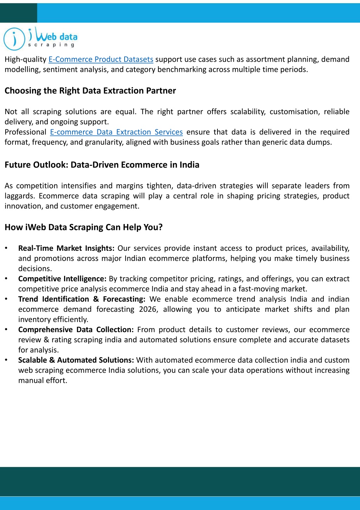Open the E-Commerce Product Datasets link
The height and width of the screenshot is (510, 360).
[x=101, y=59]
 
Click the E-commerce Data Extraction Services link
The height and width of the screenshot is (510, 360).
[x=116, y=132]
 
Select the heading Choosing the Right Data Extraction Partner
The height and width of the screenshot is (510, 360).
[x=90, y=91]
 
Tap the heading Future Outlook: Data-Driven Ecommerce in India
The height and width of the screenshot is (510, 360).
[x=102, y=165]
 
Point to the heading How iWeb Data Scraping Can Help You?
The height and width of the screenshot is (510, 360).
[x=83, y=227]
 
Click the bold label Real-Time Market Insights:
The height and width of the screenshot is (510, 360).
[x=66, y=248]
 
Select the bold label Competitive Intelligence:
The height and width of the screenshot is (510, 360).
[x=62, y=279]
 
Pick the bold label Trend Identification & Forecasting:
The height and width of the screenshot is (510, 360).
[x=82, y=299]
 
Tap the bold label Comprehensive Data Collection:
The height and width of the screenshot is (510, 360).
[x=76, y=330]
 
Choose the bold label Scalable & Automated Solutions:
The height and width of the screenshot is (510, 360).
[x=76, y=360]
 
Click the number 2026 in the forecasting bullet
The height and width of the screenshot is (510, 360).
[x=148, y=309]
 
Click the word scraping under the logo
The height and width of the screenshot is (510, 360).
[x=51, y=45]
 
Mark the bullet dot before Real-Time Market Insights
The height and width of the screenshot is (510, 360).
[x=6, y=248]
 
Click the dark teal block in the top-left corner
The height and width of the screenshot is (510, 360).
[x=18, y=13]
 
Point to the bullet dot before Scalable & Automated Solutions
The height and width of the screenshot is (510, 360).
[x=6, y=360]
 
